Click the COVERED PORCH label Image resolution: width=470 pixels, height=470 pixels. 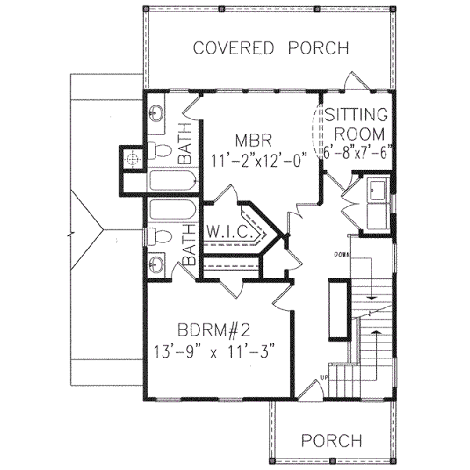pyautogui.click(x=271, y=49)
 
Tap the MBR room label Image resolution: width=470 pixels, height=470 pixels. pyautogui.click(x=252, y=141)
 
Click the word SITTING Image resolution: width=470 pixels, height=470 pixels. pyautogui.click(x=357, y=112)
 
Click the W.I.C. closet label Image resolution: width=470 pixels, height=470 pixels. pyautogui.click(x=229, y=233)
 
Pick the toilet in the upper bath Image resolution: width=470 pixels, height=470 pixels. pyautogui.click(x=161, y=150)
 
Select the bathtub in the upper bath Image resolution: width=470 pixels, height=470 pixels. pyautogui.click(x=171, y=182)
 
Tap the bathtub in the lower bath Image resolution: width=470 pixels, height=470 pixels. pyautogui.click(x=171, y=210)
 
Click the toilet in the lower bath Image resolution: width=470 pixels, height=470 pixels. pyautogui.click(x=160, y=236)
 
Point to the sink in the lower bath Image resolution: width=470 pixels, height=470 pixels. pyautogui.click(x=157, y=264)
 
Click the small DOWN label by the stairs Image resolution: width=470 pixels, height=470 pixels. pyautogui.click(x=341, y=255)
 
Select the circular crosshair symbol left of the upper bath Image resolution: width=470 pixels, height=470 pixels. pyautogui.click(x=132, y=158)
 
